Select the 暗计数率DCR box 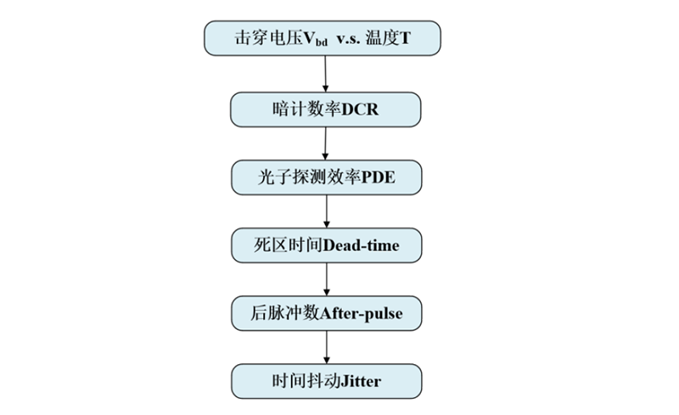coord(326,109)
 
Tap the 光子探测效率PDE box coord(326,177)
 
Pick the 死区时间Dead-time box coord(326,245)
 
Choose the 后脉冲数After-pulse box coord(326,313)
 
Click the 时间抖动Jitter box coord(326,381)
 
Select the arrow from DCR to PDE coord(326,143)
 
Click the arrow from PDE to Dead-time coord(326,210)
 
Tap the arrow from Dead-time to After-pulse coord(326,279)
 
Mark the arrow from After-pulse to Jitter coord(326,347)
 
